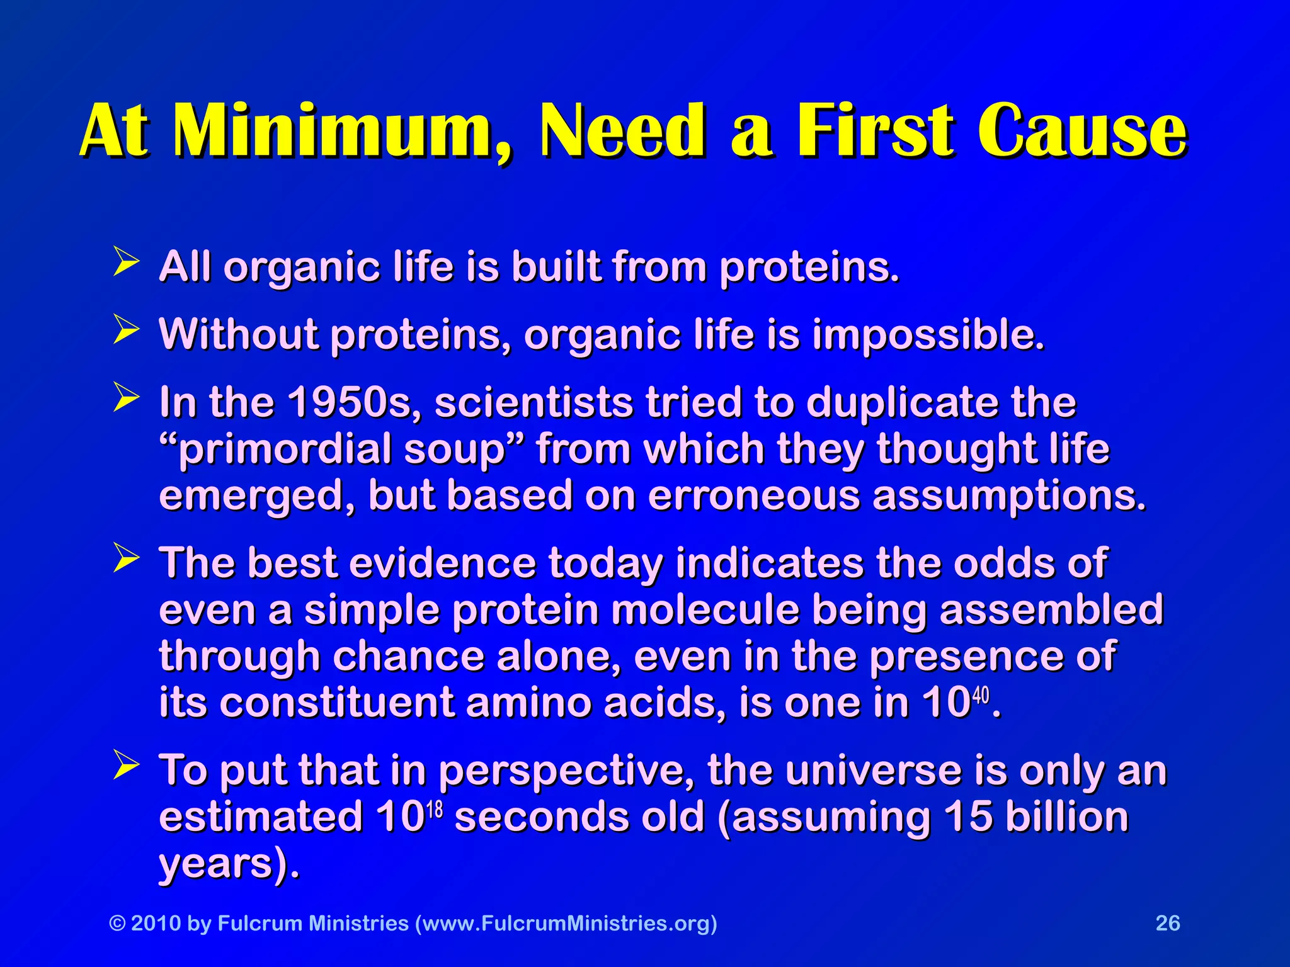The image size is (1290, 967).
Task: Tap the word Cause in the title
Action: pos(1083,130)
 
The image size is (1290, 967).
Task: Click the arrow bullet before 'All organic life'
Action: pos(126,262)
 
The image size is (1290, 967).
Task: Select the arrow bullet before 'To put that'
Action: pos(126,765)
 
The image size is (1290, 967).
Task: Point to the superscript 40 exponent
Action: pos(981,696)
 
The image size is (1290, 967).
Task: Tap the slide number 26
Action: pos(1168,923)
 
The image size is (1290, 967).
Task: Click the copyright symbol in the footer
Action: pos(118,924)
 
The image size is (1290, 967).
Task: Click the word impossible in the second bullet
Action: pos(928,335)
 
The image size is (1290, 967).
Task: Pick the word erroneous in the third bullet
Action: pos(754,496)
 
